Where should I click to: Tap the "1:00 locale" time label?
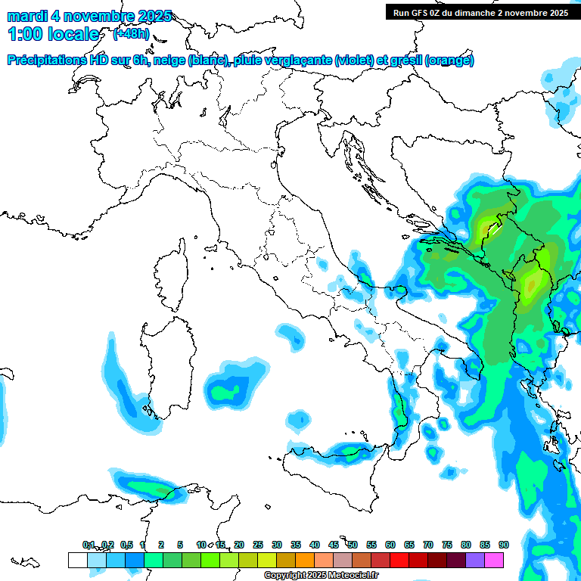(54, 34)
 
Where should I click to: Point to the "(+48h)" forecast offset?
(131, 34)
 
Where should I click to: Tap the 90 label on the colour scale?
(503, 545)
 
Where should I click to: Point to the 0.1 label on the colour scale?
(89, 545)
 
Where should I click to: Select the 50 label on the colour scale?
(353, 545)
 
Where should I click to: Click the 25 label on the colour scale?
(258, 545)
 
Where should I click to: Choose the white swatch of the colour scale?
(77, 560)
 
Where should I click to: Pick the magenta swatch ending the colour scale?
(494, 560)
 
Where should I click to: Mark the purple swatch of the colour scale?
(475, 560)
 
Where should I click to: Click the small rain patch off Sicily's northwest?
(298, 418)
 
